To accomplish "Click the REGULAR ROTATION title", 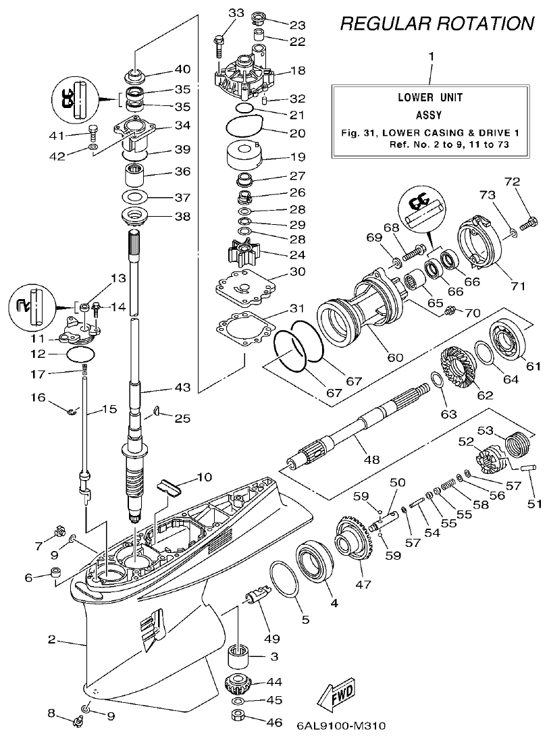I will [x=437, y=24].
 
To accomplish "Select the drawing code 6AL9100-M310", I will [x=340, y=727].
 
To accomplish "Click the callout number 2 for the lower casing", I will [x=51, y=639].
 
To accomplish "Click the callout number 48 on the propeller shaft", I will [x=371, y=459].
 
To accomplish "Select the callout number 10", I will [x=204, y=477].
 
